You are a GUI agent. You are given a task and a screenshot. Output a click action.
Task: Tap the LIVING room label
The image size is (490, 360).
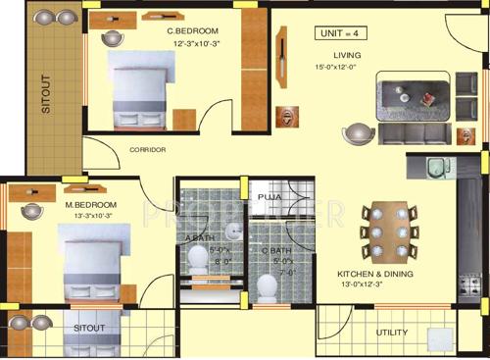(x=347, y=55)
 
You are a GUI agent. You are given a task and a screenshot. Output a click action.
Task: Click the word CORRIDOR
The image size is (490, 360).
(x=148, y=150)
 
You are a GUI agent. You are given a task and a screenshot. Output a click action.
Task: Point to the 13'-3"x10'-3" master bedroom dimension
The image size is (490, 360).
(x=89, y=216)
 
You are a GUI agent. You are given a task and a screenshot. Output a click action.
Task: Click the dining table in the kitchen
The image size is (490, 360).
(x=383, y=233)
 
